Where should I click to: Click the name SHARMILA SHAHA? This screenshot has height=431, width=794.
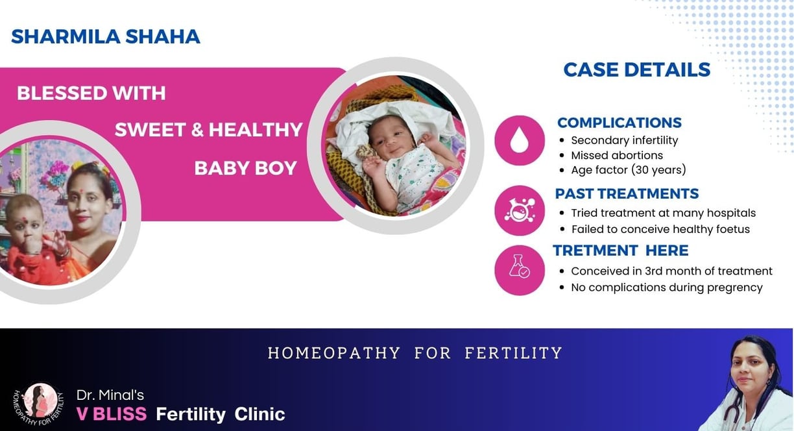point(106,36)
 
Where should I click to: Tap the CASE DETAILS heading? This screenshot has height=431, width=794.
point(637,69)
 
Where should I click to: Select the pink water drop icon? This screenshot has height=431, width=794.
point(520,140)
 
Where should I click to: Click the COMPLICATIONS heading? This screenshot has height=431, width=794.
point(620,123)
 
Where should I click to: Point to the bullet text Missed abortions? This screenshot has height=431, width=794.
point(617,155)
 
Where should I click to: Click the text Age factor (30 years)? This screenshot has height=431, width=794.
point(629,170)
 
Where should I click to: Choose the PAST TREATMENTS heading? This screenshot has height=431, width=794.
point(627,193)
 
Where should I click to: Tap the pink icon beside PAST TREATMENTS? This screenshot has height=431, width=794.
point(520,210)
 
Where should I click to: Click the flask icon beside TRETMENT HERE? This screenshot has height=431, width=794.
point(520,270)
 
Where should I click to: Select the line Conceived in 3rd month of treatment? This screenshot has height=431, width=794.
point(671,271)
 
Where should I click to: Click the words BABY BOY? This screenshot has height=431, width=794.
point(245,168)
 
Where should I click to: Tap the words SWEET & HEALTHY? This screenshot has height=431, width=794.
point(208,129)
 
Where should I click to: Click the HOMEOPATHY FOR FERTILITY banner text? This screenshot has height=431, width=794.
point(415,353)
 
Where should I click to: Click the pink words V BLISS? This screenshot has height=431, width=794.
point(112,414)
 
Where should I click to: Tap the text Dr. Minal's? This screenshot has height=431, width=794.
point(110,395)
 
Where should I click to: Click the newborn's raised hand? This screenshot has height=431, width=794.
point(372,166)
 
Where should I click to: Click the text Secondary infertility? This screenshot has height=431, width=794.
point(625,140)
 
